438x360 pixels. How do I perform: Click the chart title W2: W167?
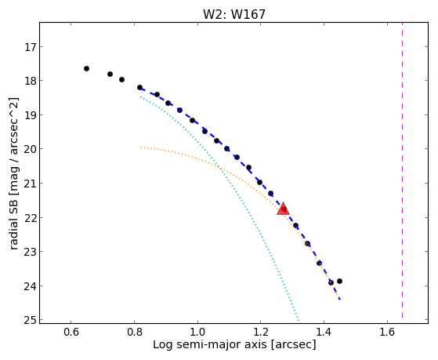point(234,14)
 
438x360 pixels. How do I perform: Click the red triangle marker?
point(283,209)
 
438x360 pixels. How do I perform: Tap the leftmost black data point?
point(87,68)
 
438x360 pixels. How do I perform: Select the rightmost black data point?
point(340,281)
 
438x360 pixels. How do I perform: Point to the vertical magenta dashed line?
point(402,170)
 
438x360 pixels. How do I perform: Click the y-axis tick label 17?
point(30,47)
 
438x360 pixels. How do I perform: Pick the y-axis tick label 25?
point(30,320)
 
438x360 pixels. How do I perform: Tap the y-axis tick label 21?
point(30,184)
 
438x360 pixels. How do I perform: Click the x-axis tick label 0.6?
point(71,332)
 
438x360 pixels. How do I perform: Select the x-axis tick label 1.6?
point(387,332)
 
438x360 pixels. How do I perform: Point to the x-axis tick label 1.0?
point(197,332)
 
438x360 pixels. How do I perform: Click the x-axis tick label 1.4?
point(324,332)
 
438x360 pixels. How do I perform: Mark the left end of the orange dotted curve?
point(141,147)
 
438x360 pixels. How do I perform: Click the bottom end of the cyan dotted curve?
point(299,320)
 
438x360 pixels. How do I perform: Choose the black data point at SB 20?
point(226,148)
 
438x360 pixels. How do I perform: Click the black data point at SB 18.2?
point(140,87)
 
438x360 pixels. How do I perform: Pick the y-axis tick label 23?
point(30,252)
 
